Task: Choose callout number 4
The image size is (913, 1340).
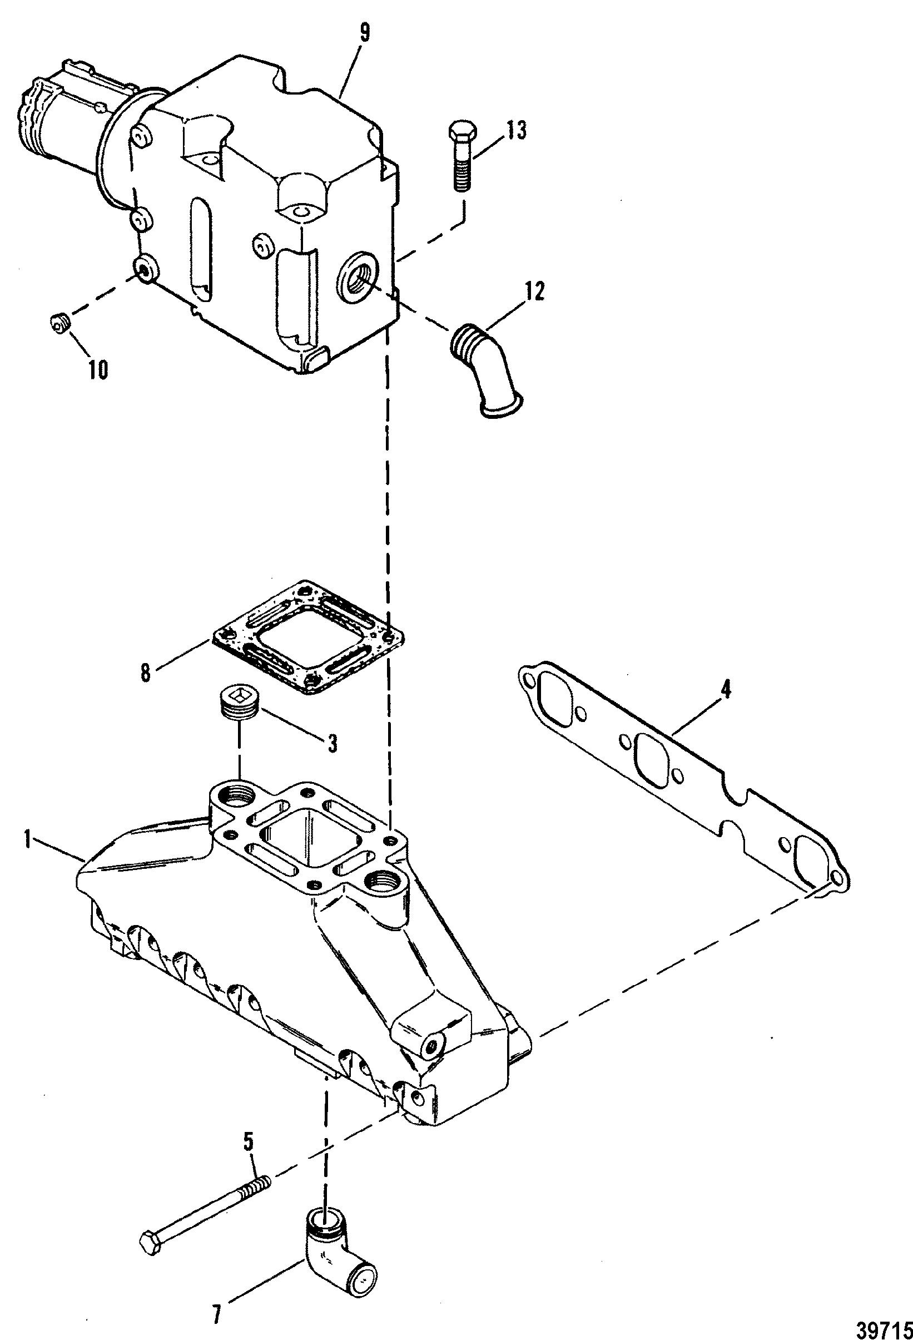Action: [726, 690]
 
